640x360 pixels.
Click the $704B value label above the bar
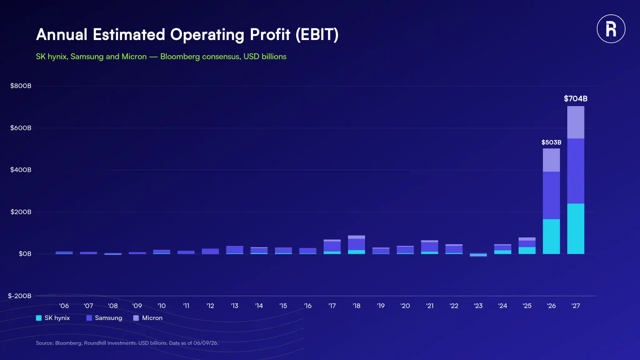[x=576, y=99]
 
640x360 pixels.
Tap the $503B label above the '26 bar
[x=551, y=142]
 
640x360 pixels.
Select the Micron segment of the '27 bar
[x=576, y=122]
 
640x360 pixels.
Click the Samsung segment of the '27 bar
[x=576, y=171]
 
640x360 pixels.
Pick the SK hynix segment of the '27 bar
[x=576, y=229]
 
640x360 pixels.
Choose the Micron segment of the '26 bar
[x=551, y=160]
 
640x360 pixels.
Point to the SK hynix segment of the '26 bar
[x=551, y=237]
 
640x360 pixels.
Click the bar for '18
[x=357, y=245]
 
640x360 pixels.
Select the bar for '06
[x=64, y=253]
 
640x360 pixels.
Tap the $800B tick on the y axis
[x=21, y=86]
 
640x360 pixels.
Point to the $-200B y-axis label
[x=19, y=296]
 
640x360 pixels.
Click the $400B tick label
[x=21, y=170]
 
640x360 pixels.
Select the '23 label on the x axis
[x=478, y=306]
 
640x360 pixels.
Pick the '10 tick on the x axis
[x=162, y=306]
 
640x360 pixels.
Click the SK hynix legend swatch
[x=39, y=318]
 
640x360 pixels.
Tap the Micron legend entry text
[x=152, y=318]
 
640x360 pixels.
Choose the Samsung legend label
[x=108, y=318]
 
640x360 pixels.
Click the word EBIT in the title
[x=317, y=34]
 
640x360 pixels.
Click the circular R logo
[x=611, y=29]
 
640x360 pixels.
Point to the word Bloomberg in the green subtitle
[x=180, y=57]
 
